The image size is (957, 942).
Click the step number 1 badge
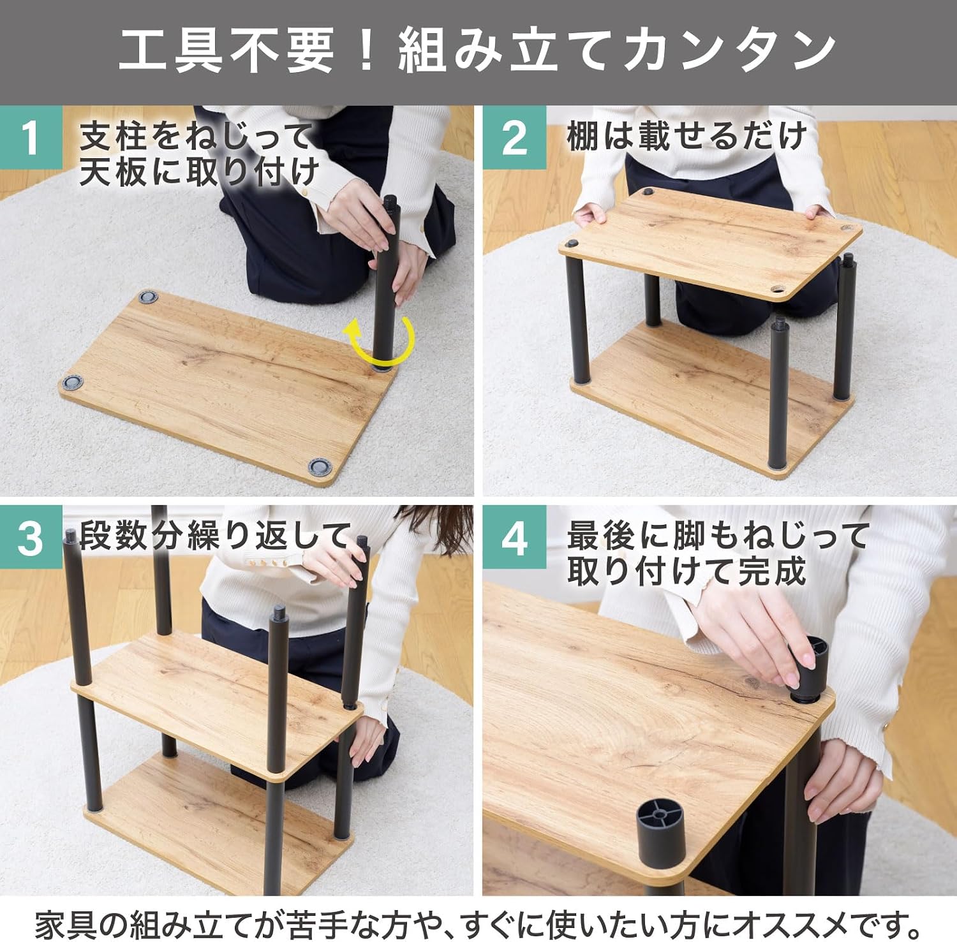(31, 137)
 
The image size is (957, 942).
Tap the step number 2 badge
(514, 137)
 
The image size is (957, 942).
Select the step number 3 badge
(31, 537)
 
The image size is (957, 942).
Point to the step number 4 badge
(514, 537)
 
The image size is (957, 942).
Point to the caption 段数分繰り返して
(216, 536)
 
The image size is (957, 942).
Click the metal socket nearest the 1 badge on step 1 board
(148, 297)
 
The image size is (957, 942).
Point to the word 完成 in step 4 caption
(773, 571)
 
